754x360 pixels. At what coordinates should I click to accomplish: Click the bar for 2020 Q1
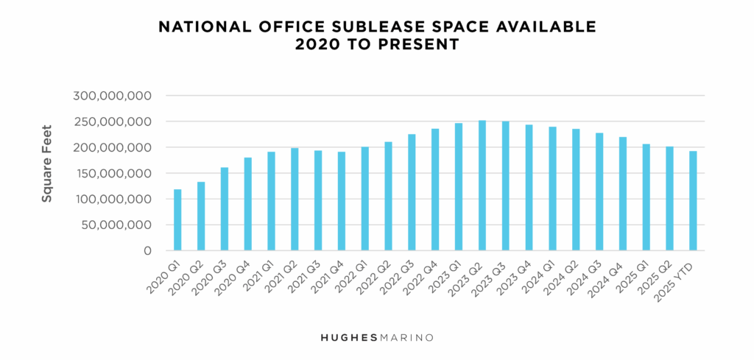point(177,220)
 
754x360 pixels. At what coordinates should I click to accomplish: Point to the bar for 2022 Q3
point(412,192)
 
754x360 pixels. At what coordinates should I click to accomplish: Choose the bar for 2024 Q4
point(623,194)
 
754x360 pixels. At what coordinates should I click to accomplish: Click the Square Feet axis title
point(46,173)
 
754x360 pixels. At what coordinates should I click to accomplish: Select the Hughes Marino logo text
point(376,337)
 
